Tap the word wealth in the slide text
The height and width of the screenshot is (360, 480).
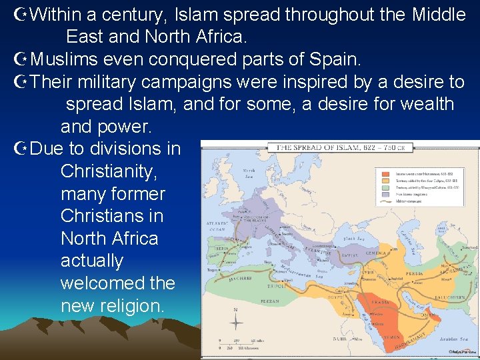click(x=425, y=104)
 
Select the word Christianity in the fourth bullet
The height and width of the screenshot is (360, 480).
click(x=109, y=171)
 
